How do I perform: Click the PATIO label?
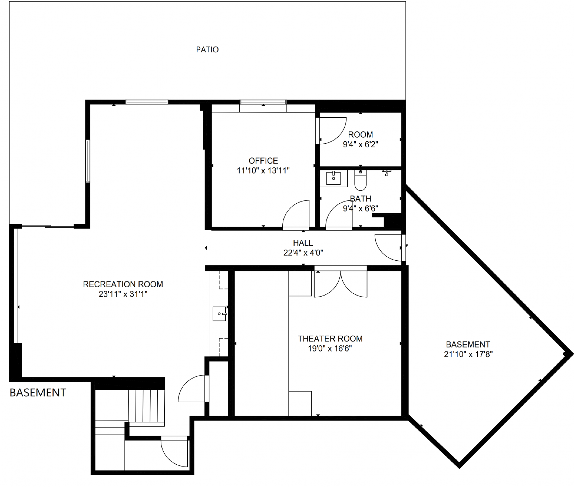207,49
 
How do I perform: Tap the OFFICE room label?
263,161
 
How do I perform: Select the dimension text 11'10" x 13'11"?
263,170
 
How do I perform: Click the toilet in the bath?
360,180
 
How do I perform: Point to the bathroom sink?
333,178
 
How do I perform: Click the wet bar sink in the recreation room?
219,314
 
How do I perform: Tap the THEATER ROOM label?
330,339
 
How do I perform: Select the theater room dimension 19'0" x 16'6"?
330,348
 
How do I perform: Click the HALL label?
303,243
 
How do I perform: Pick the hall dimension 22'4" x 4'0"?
303,252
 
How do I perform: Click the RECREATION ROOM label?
123,284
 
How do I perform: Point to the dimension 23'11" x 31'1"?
123,294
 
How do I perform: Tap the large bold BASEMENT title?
38,393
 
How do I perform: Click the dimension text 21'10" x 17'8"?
468,354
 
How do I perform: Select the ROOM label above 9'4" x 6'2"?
361,134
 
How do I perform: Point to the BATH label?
361,199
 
